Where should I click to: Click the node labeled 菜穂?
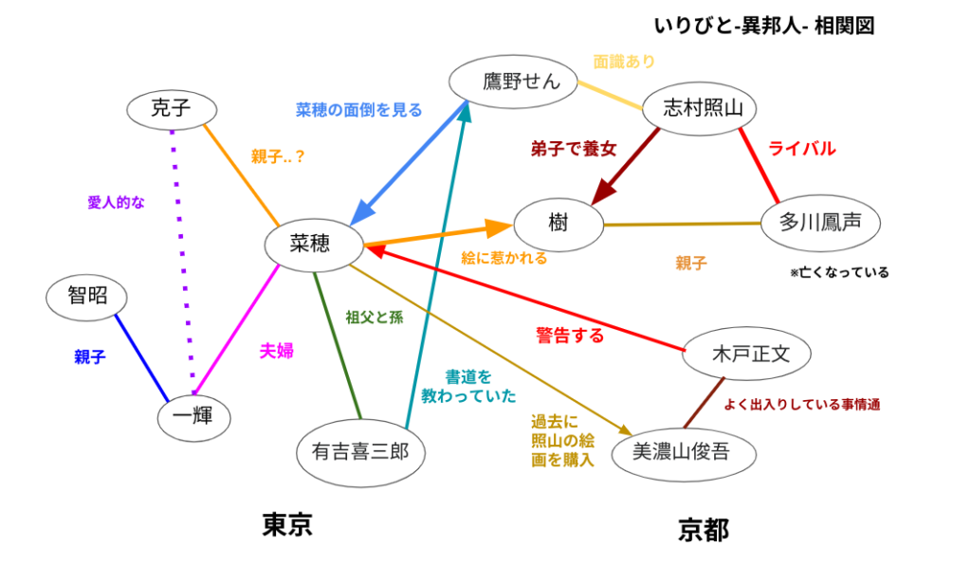312,246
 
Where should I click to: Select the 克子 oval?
172,109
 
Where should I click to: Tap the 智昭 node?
87,296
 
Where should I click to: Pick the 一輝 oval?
193,414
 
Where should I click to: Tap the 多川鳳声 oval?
821,224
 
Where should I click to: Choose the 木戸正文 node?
749,355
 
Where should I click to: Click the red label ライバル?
802,149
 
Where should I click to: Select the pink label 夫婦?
276,351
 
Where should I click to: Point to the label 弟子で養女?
574,148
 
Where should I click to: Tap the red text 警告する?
569,336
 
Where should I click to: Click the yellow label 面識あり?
624,62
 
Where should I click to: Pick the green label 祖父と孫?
375,318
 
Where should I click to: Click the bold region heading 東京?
287,524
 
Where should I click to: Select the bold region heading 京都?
704,529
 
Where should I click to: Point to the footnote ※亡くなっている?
839,273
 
